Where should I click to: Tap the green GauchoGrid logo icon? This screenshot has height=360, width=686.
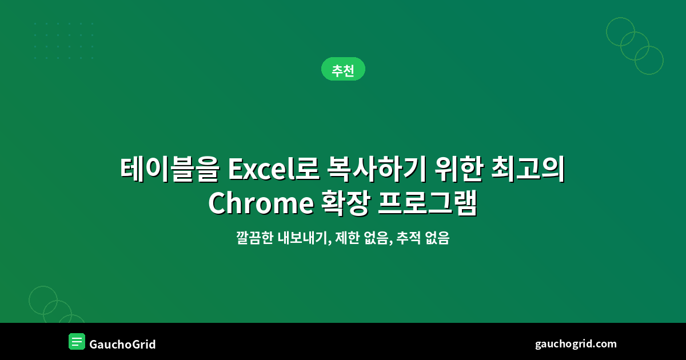pos(77,341)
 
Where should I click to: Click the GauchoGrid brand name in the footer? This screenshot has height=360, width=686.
pos(122,344)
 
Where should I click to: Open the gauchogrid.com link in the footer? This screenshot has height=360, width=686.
pos(576,343)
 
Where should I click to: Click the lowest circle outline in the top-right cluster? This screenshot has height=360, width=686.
pos(649,60)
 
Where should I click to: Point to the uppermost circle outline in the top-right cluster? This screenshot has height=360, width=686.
pos(620,31)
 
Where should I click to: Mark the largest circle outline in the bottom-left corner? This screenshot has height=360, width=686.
pos(43,301)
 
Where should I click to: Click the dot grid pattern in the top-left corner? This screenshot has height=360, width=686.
pos(63,41)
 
